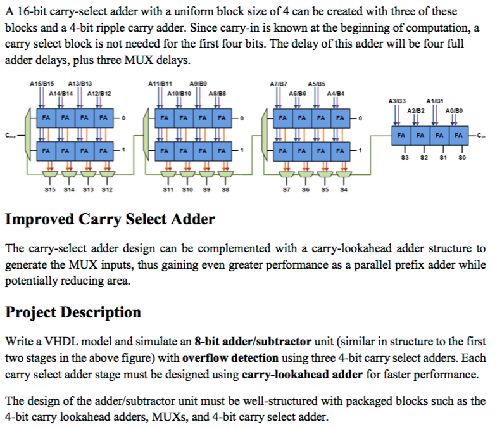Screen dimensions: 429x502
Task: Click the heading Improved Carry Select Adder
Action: tap(110, 220)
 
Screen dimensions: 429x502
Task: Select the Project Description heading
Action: tap(73, 312)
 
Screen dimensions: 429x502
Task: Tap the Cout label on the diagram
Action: tap(10, 135)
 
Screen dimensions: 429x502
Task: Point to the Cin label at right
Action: tap(482, 135)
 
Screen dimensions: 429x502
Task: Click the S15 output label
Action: tap(50, 189)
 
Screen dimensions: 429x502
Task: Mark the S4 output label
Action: tap(343, 189)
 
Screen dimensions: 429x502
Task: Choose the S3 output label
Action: tap(405, 157)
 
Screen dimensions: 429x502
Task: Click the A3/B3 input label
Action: tap(396, 101)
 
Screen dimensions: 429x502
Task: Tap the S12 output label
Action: tap(106, 189)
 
